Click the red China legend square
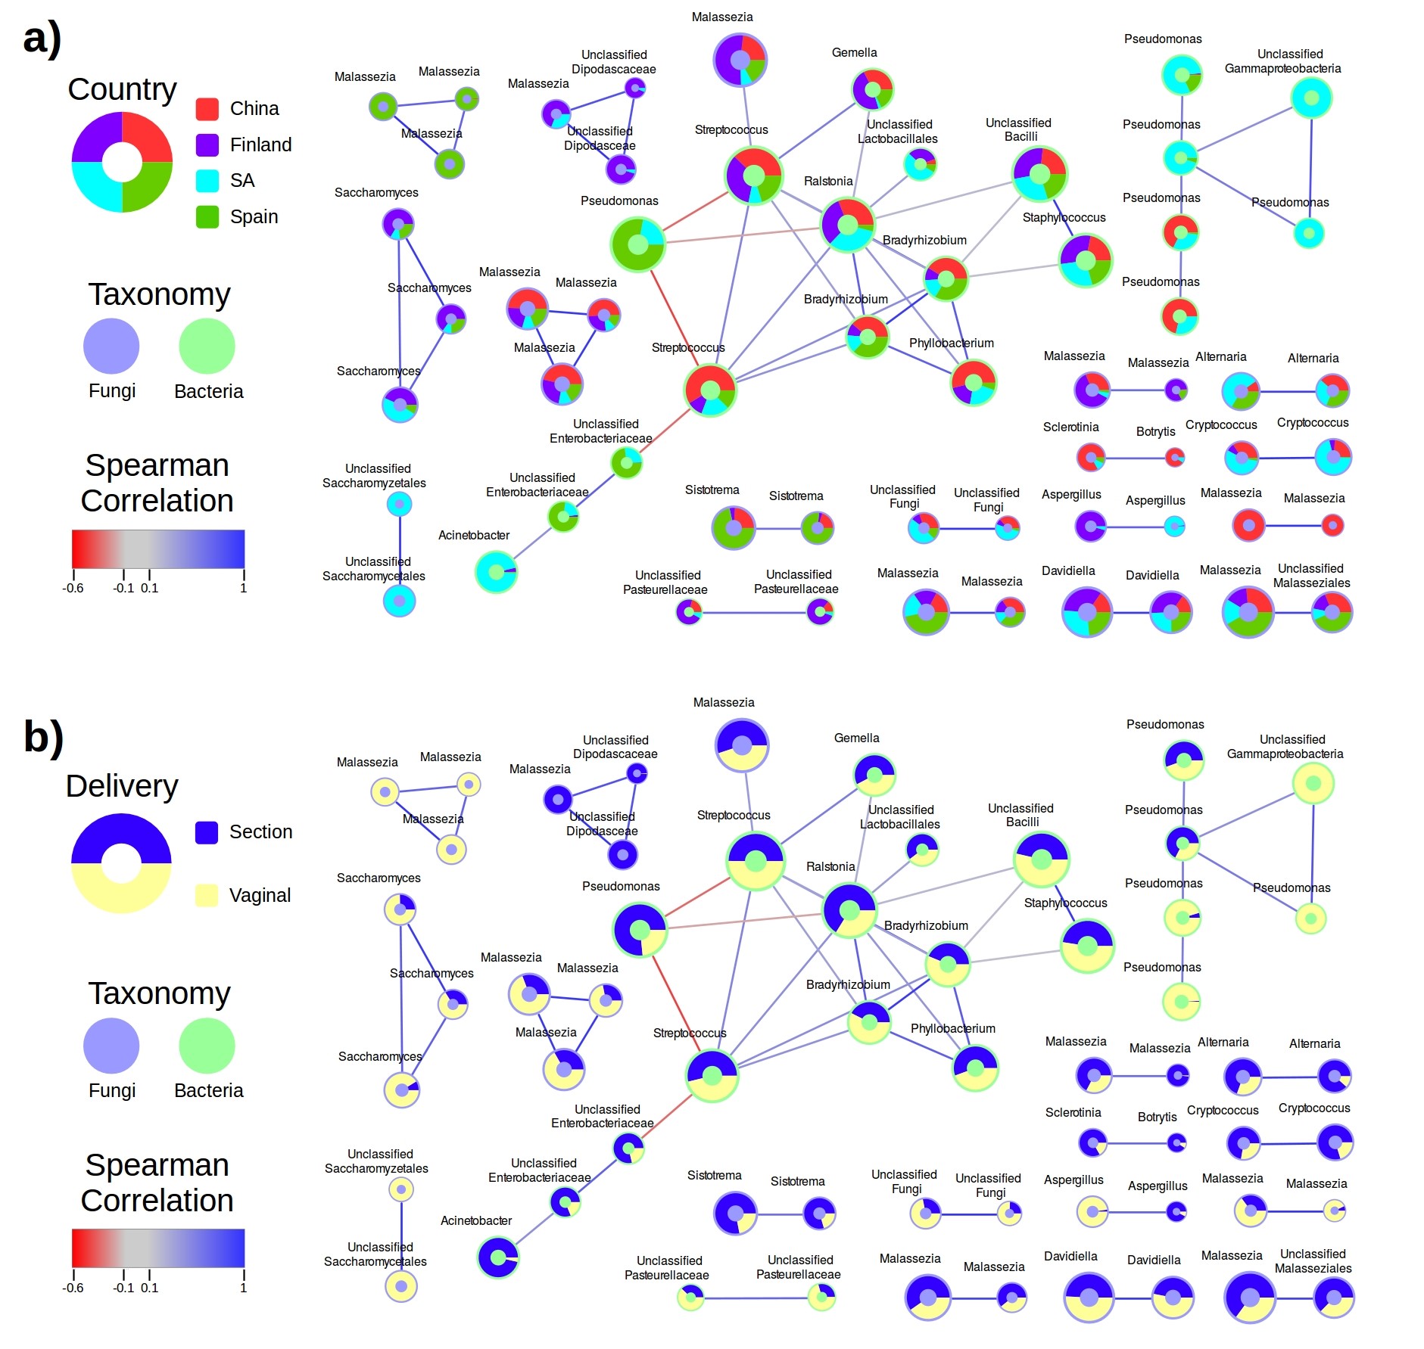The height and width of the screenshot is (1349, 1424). point(207,109)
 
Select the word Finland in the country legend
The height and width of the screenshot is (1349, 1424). point(260,145)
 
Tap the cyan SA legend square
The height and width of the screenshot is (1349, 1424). point(207,181)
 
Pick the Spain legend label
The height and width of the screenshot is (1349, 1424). point(254,217)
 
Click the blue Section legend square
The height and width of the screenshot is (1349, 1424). point(207,832)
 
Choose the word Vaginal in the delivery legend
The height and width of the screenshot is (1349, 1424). point(260,896)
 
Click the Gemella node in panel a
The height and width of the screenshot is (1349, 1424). point(872,89)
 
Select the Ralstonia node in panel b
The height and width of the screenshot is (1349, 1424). point(849,910)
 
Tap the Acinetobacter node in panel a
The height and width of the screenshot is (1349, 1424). point(496,572)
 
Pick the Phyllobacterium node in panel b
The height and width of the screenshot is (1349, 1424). point(975,1068)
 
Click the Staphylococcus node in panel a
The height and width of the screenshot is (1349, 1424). point(1085,260)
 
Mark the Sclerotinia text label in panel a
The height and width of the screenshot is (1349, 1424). point(1070,427)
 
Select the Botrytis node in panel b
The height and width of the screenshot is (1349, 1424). point(1176,1143)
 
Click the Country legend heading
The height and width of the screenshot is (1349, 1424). point(122,89)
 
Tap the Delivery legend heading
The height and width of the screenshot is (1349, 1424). point(122,786)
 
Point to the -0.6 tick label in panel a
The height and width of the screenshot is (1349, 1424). point(73,588)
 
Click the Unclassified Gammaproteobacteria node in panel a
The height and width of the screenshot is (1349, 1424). point(1311,98)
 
